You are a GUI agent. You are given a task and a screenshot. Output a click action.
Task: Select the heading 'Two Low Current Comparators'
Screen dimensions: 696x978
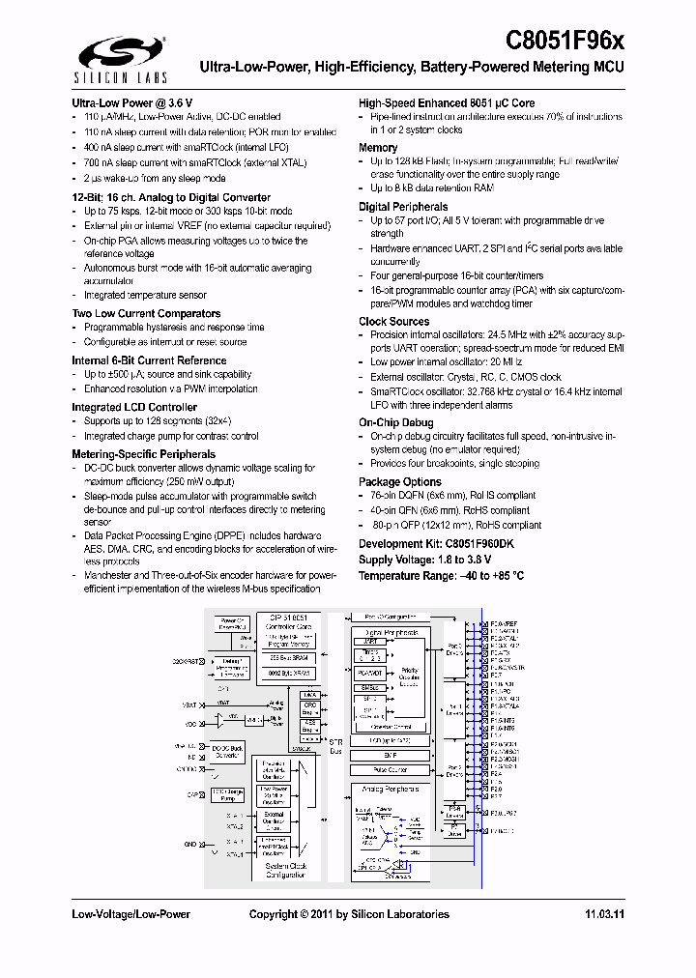(146, 313)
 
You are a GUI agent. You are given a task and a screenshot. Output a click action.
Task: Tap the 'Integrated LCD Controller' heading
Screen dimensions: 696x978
(134, 407)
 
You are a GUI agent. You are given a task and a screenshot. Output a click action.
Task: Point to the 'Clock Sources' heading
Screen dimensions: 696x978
(394, 321)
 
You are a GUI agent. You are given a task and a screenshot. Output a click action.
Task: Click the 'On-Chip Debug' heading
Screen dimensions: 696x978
(396, 422)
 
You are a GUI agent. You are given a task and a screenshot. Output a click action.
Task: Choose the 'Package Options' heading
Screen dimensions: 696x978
(400, 481)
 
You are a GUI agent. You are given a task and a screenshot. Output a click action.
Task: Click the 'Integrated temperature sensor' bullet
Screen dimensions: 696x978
(145, 296)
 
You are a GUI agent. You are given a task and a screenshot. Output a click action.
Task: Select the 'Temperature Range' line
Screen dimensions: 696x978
(442, 575)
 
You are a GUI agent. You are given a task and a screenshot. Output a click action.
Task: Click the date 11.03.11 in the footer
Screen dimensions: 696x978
(605, 914)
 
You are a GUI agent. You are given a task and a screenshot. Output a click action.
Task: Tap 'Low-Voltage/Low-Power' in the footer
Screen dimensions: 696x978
(131, 914)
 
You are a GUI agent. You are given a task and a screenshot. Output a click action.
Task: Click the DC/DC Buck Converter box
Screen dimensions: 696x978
(228, 750)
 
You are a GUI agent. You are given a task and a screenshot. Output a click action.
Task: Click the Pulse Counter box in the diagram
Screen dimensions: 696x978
(391, 769)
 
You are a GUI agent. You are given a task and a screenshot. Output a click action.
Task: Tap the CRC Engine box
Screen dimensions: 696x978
(308, 708)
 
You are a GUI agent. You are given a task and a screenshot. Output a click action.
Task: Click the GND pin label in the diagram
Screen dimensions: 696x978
(190, 844)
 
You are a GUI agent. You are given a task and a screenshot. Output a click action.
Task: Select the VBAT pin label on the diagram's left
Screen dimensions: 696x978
(190, 704)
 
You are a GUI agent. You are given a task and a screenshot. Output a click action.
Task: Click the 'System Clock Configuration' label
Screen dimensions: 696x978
(287, 870)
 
